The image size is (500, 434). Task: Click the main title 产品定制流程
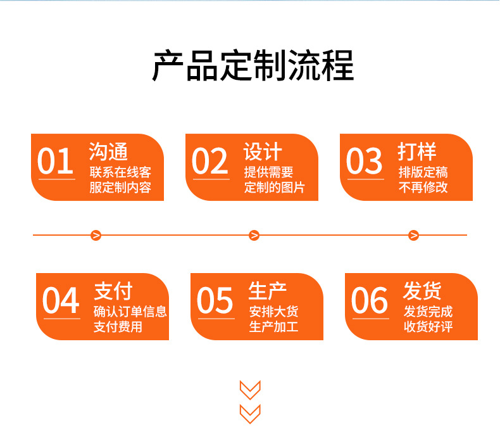tap(253, 66)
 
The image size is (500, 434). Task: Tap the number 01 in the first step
tap(56, 161)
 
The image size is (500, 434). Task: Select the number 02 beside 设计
tap(210, 161)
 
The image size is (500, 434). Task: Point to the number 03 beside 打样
tap(365, 161)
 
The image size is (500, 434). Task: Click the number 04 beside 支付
tap(61, 300)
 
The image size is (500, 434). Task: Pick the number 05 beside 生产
tap(215, 300)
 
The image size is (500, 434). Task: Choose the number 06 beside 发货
tap(370, 300)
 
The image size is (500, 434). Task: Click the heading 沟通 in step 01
tap(108, 152)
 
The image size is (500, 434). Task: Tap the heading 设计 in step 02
tap(263, 152)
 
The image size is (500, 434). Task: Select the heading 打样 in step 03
tap(417, 152)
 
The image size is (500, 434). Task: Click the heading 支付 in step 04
tap(113, 291)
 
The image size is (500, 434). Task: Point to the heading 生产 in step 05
tap(268, 291)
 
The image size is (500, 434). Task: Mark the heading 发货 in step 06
tap(422, 291)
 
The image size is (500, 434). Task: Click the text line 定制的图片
tap(275, 188)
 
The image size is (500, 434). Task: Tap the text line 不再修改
tap(423, 188)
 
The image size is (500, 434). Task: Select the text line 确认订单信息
tap(130, 311)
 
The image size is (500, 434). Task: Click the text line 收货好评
tap(428, 327)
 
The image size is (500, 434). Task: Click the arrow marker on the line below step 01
tap(96, 236)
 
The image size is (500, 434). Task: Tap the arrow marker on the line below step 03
tap(414, 236)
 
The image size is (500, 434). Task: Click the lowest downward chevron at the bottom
tap(251, 413)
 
